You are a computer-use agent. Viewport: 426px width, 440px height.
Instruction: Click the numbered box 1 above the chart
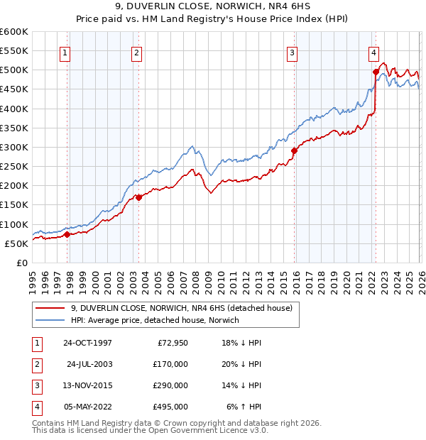click(65, 51)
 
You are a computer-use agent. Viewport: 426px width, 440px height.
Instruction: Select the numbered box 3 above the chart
click(292, 51)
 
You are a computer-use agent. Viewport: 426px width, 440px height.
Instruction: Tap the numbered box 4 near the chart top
click(373, 51)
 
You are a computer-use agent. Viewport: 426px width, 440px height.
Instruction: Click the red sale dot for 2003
click(139, 197)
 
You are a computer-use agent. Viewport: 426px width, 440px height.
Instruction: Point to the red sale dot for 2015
click(294, 150)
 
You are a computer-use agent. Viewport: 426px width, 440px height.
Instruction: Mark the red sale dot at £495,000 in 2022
click(376, 72)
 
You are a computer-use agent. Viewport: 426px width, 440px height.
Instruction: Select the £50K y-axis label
click(17, 243)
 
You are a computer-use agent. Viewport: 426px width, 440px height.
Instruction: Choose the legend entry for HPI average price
click(155, 320)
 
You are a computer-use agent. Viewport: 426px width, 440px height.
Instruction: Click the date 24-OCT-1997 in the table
click(87, 343)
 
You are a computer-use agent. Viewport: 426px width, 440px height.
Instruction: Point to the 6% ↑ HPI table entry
click(244, 407)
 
